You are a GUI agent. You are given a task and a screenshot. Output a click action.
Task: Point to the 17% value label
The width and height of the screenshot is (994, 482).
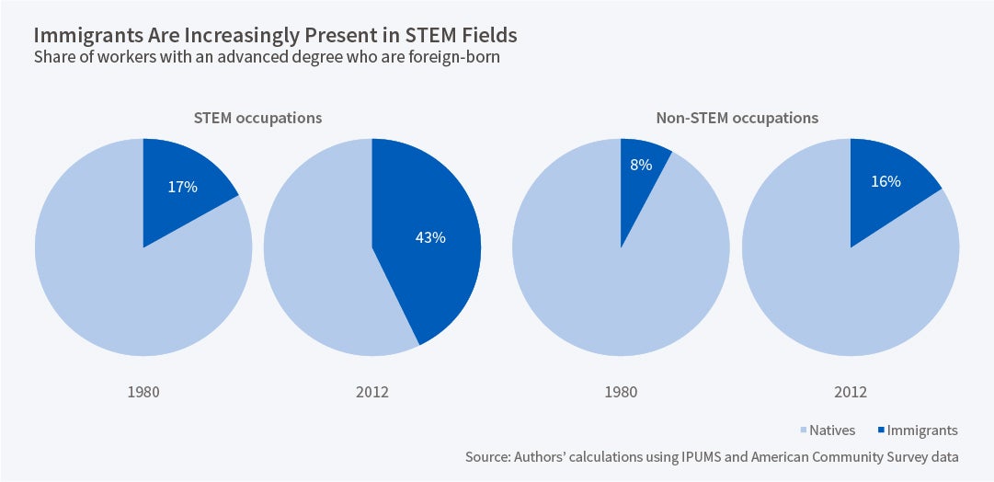click(182, 187)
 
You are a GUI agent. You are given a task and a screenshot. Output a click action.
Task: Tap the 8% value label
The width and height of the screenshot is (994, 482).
click(641, 166)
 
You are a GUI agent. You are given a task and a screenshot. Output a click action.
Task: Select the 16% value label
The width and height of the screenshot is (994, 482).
click(885, 181)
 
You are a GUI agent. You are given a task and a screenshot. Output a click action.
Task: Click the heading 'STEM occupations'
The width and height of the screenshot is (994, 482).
click(257, 119)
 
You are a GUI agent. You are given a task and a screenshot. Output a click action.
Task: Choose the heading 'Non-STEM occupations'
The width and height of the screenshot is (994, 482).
click(737, 119)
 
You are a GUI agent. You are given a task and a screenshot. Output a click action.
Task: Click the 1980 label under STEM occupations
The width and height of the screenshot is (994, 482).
click(143, 392)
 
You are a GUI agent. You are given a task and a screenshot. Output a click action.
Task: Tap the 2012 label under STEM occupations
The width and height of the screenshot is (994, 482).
click(371, 392)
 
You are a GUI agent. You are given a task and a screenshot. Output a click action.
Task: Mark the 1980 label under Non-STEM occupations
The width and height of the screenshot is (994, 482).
click(621, 392)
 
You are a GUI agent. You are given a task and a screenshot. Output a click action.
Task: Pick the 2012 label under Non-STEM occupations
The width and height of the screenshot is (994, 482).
click(850, 392)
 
